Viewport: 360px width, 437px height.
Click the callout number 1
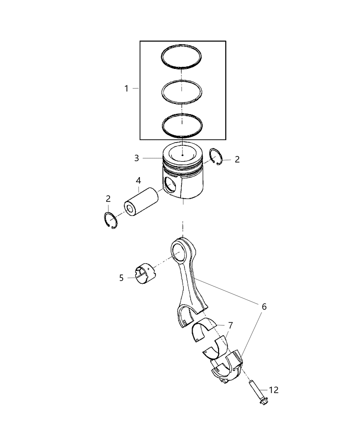pos(126,89)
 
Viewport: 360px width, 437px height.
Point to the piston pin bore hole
pos(170,186)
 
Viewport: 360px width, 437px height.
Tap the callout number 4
pos(138,180)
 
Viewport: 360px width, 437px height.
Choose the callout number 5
pos(121,278)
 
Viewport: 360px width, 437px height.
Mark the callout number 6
pos(264,307)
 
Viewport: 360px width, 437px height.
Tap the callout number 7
pos(230,324)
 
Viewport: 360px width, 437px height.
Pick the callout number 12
pos(274,390)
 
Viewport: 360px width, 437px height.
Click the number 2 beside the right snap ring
pos(237,159)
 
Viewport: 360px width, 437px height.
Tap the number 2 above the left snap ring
pos(108,198)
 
